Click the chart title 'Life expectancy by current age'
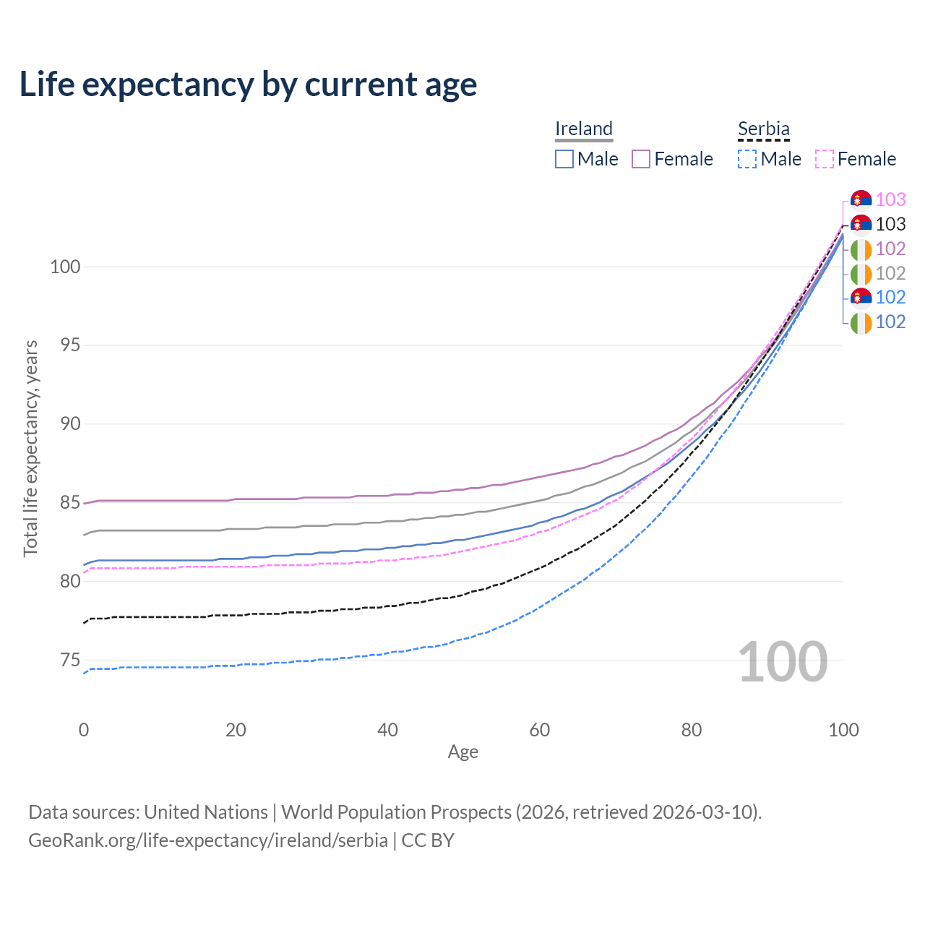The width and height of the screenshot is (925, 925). (248, 85)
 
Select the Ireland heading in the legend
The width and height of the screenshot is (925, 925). (584, 129)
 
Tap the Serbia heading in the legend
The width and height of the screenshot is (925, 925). (763, 129)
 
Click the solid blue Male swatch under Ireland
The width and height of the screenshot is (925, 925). (564, 159)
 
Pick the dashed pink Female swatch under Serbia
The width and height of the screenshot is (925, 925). (825, 159)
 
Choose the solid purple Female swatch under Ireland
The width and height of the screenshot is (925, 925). (641, 159)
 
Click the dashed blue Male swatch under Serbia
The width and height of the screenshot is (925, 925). (747, 159)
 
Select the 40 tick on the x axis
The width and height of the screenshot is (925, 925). (388, 730)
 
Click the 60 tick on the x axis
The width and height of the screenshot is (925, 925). (540, 730)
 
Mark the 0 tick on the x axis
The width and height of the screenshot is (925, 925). (84, 730)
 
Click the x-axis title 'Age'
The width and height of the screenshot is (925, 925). (463, 752)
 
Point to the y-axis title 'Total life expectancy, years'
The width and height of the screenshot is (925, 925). (30, 448)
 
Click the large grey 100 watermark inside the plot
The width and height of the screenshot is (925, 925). (783, 662)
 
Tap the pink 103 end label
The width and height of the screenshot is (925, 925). (890, 199)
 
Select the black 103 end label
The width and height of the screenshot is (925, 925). (890, 224)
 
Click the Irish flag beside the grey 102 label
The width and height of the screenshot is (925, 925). (861, 274)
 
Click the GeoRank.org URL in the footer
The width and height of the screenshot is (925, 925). (208, 840)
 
